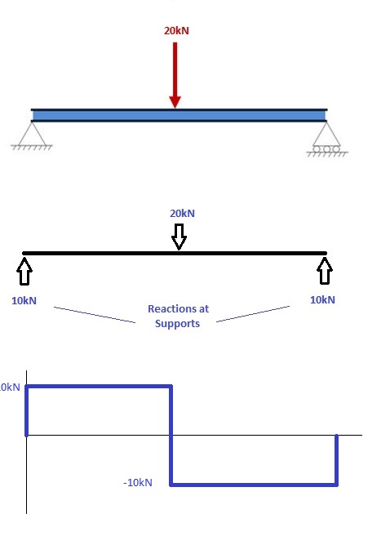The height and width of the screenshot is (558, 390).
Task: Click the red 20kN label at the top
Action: [176, 31]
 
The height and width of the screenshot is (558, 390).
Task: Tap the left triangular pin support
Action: [33, 134]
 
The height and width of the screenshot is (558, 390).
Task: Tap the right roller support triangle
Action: [326, 133]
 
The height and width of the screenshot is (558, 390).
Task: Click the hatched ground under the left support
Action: [33, 148]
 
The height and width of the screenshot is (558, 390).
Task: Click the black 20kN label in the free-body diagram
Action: [182, 214]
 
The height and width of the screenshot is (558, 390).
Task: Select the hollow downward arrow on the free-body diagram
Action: [179, 237]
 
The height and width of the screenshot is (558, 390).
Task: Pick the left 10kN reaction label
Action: [24, 300]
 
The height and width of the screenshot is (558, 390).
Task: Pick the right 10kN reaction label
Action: [323, 300]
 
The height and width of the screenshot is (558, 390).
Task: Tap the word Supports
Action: [178, 324]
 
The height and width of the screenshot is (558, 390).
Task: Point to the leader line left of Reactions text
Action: [94, 315]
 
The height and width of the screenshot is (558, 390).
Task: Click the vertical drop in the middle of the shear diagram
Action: [171, 436]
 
